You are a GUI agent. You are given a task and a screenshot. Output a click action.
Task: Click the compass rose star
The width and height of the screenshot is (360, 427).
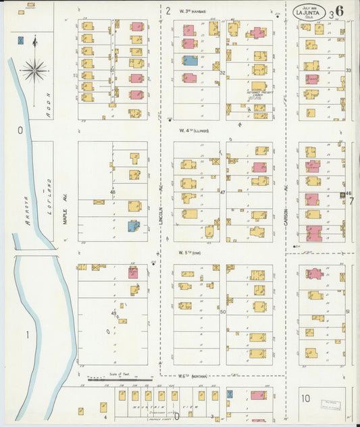(34, 69)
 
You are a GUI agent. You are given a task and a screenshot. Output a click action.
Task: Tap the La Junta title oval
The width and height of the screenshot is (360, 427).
(307, 12)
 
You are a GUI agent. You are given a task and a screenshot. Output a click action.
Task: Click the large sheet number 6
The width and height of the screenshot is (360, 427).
(338, 11)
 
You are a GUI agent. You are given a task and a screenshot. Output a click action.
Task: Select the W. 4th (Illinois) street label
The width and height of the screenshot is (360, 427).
(194, 130)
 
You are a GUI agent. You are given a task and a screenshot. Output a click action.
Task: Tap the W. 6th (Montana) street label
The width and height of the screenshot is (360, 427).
(192, 376)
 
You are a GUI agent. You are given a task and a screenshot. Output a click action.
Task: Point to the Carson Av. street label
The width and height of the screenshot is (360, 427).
(286, 196)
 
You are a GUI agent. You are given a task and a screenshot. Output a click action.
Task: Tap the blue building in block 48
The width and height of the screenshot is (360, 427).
(134, 226)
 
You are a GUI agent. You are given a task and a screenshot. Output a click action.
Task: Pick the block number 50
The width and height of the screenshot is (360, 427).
(222, 311)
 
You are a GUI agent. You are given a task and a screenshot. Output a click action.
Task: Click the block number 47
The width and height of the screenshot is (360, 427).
(222, 193)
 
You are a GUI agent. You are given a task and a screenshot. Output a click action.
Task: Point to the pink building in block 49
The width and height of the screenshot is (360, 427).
(133, 273)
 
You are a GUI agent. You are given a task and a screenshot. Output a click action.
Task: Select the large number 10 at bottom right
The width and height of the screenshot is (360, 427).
(306, 399)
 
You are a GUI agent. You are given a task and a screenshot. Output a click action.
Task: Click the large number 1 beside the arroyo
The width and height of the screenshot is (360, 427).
(28, 335)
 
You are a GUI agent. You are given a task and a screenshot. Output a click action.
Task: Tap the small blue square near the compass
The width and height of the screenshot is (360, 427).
(22, 41)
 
